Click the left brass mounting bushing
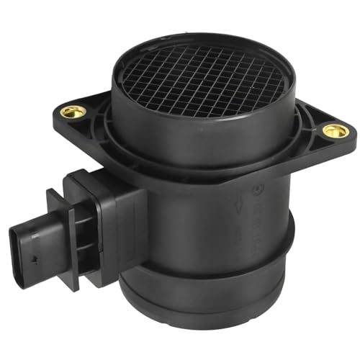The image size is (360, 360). [x=71, y=112]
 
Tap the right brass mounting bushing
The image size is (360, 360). [x=332, y=130]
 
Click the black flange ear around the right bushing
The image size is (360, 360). [x=324, y=144]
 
